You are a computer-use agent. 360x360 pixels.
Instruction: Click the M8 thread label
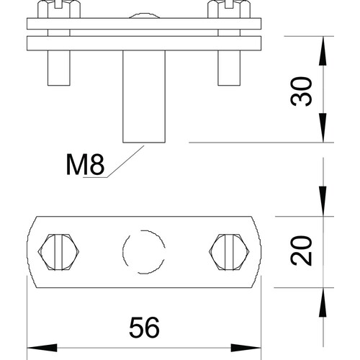85,164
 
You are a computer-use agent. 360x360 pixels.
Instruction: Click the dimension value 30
302,91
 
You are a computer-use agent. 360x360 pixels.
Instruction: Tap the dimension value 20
302,251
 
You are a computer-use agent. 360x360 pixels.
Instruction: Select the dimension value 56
144,328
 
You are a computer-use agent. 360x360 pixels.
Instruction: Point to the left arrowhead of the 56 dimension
42,348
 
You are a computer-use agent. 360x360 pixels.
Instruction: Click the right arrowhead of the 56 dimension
246,348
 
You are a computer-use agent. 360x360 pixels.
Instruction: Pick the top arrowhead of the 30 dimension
323,50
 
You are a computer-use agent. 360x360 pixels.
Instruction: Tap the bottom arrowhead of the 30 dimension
323,127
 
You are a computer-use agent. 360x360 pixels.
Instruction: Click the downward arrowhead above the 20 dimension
323,201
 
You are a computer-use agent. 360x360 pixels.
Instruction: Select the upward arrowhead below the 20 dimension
323,302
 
